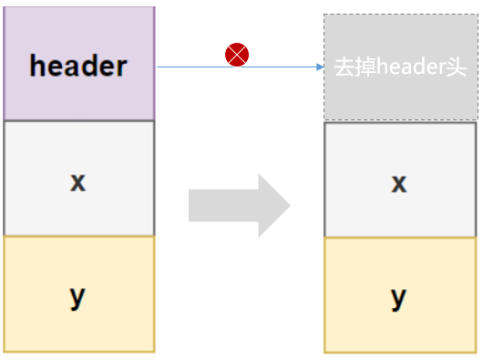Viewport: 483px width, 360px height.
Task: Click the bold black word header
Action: pos(78,66)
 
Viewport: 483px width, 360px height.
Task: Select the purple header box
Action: pos(79,63)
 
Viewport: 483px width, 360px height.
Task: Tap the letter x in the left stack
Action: pos(78,182)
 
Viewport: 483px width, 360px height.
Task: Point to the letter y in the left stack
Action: pos(77,298)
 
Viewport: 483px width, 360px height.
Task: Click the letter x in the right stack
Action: pos(399,184)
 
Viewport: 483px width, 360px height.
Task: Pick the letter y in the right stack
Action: pos(398,299)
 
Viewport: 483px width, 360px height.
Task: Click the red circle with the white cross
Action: pos(237,55)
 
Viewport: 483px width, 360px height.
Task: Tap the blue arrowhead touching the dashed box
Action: pos(320,67)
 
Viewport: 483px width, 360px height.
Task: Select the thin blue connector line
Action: pos(241,67)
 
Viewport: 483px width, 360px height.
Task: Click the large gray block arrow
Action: pos(240,205)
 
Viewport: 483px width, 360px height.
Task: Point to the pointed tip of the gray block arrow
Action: pos(290,205)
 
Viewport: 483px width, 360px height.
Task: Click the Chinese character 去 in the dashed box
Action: pos(344,67)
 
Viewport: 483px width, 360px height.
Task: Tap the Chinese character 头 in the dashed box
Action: pos(457,67)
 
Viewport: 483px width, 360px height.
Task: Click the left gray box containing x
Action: pos(79,179)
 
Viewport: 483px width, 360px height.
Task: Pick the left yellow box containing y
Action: pos(79,294)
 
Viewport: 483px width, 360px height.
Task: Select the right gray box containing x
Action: pos(400,180)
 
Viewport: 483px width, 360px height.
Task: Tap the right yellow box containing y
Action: pos(400,295)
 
